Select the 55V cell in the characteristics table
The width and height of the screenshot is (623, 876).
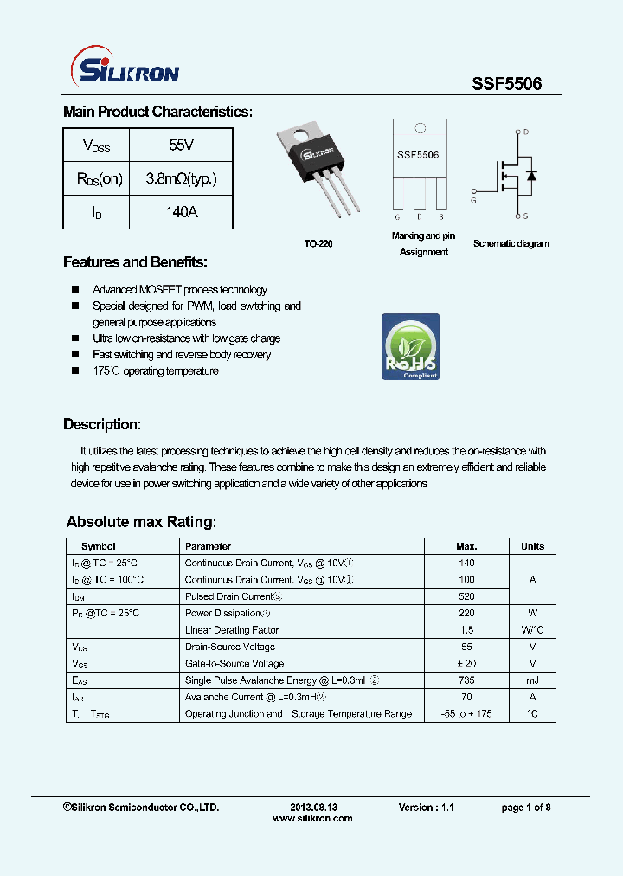[181, 145]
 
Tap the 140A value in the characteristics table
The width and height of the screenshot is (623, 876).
[181, 211]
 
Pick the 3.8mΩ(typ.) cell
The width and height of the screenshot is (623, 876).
[181, 178]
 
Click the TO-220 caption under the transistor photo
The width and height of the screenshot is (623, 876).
[319, 244]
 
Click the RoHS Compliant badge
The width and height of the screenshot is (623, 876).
[410, 347]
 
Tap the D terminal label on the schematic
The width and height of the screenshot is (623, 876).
[526, 132]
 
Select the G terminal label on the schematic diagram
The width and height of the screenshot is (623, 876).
[473, 200]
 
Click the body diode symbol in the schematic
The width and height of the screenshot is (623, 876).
[531, 176]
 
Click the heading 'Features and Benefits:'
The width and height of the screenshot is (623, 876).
[135, 262]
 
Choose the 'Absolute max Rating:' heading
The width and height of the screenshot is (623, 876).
[141, 522]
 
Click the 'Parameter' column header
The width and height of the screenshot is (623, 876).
[209, 546]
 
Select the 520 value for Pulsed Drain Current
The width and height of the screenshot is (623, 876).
[466, 596]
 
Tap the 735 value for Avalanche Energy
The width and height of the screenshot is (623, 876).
[466, 680]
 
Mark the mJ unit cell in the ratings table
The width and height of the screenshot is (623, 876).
[532, 680]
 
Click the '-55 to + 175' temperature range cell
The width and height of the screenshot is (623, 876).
[466, 713]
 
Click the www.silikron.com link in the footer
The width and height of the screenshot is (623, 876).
[312, 818]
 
